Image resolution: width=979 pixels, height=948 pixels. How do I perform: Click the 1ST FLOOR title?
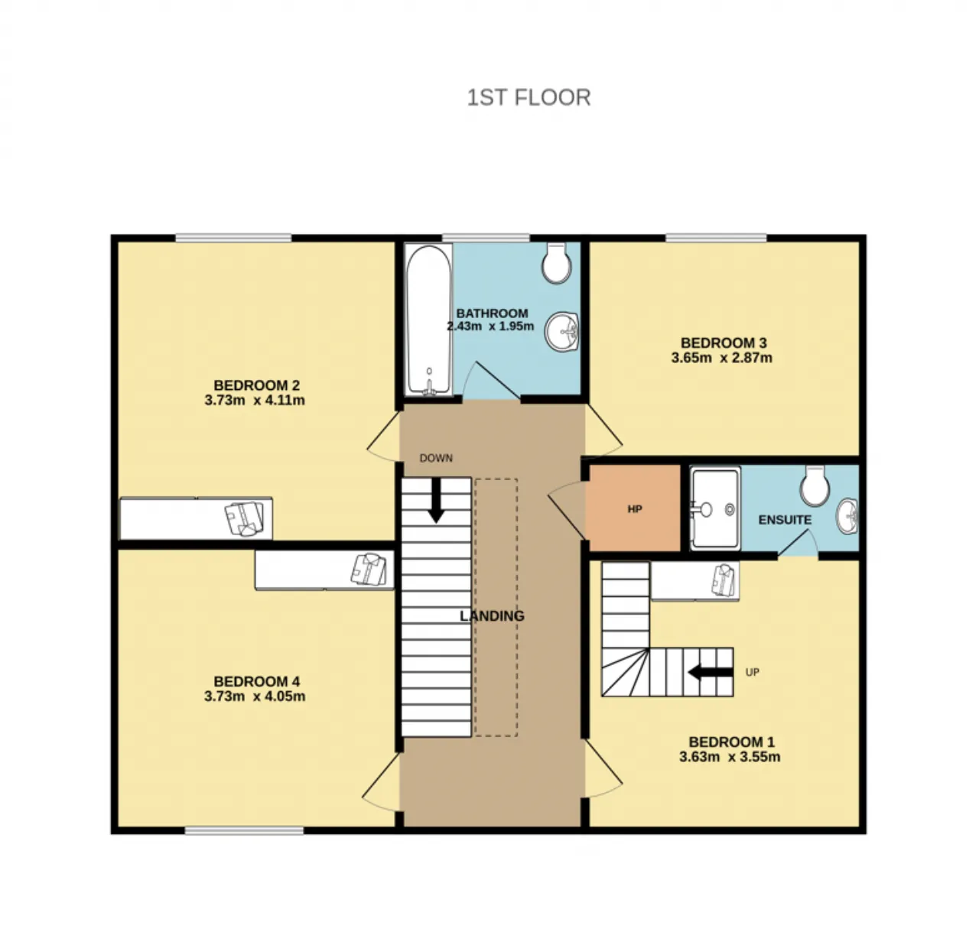click(x=529, y=97)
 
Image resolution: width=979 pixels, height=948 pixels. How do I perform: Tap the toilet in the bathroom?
click(x=556, y=262)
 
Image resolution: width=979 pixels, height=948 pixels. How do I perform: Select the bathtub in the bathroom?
click(x=428, y=319)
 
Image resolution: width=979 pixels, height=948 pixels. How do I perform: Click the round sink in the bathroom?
click(x=562, y=332)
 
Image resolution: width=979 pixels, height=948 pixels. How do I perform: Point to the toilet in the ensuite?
click(x=815, y=485)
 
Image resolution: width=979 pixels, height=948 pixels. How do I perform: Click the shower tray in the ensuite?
click(x=715, y=508)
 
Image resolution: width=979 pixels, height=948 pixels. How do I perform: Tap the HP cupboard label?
click(x=635, y=509)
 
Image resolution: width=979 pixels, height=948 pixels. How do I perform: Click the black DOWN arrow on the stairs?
click(x=436, y=500)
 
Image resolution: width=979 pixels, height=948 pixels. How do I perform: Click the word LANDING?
click(x=492, y=615)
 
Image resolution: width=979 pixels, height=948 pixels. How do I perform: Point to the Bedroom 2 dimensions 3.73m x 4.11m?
click(x=255, y=401)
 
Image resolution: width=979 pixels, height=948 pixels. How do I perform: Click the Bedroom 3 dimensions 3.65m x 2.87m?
click(x=721, y=358)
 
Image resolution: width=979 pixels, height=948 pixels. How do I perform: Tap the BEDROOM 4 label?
click(x=256, y=681)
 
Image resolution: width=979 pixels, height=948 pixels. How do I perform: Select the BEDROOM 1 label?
click(x=731, y=742)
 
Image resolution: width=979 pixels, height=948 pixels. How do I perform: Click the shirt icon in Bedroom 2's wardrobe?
click(x=245, y=518)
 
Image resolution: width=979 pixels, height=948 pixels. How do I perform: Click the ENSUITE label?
click(x=785, y=520)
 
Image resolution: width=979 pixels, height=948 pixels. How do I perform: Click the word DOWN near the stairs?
click(x=436, y=458)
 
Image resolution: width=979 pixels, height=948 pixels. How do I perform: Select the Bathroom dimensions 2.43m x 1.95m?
click(x=490, y=326)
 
